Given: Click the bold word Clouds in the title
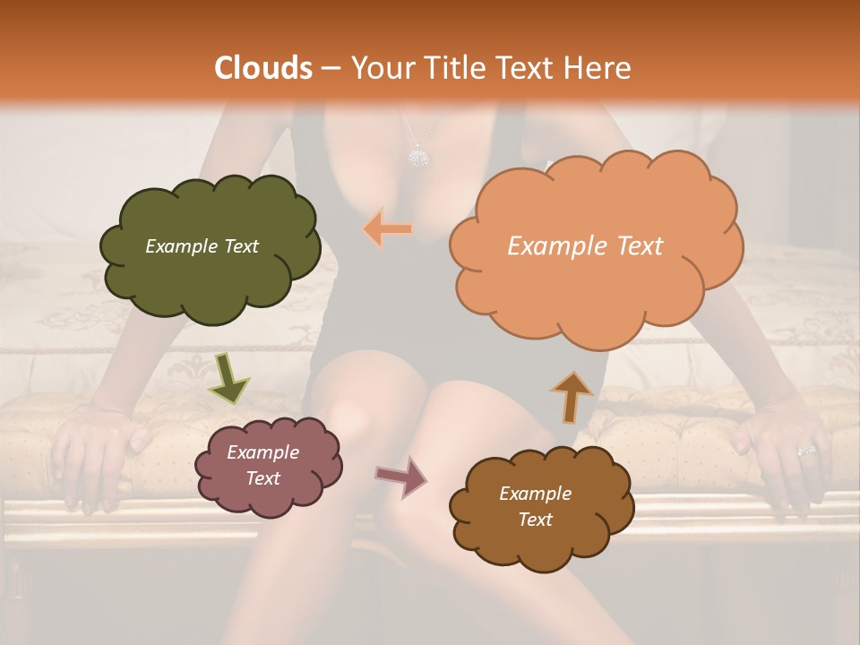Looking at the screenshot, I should (263, 68).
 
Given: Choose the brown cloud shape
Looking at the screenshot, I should (540, 506).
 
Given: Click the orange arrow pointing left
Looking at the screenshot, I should (388, 229).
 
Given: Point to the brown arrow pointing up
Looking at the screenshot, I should (572, 395).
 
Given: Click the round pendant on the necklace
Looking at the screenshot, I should (417, 158).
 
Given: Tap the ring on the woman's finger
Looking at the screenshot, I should (806, 449).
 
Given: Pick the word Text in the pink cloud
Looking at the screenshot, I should (263, 478).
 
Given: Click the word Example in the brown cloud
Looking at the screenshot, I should (535, 494).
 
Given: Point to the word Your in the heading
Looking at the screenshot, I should (380, 68).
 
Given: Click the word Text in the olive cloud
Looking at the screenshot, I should (240, 246).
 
